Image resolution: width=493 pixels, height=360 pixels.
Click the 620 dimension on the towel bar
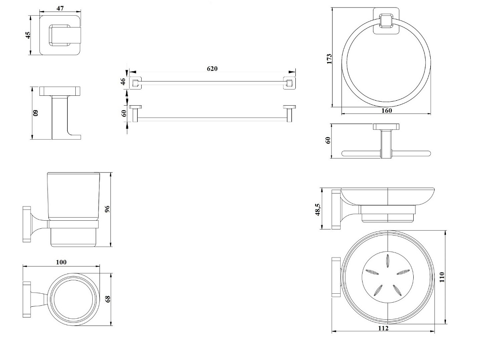[x=212, y=69]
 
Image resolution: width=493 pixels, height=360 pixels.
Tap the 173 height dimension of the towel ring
[x=329, y=59]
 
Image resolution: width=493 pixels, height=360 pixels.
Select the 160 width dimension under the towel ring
[x=387, y=111]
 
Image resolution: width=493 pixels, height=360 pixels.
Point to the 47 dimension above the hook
[x=60, y=9]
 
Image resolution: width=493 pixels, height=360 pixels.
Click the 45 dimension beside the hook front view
[x=28, y=35]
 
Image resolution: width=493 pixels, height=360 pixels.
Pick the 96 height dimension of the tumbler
[x=107, y=209]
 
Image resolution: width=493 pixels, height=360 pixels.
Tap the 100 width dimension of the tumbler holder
[x=61, y=262]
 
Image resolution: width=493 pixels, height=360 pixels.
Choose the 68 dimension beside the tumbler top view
[x=108, y=299]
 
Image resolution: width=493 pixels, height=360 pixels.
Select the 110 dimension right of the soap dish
[x=442, y=277]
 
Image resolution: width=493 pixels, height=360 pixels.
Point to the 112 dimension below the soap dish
[x=383, y=328]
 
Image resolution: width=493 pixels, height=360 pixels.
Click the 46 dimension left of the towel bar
[x=123, y=81]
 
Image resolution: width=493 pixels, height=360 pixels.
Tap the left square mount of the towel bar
[x=135, y=83]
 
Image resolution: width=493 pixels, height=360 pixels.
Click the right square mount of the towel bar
[x=289, y=83]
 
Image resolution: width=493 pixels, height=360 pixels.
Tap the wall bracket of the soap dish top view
[x=336, y=276]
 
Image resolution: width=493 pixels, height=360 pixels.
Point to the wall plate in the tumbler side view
[x=27, y=224]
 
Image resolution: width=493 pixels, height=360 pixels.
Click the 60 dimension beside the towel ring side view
[x=328, y=141]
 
